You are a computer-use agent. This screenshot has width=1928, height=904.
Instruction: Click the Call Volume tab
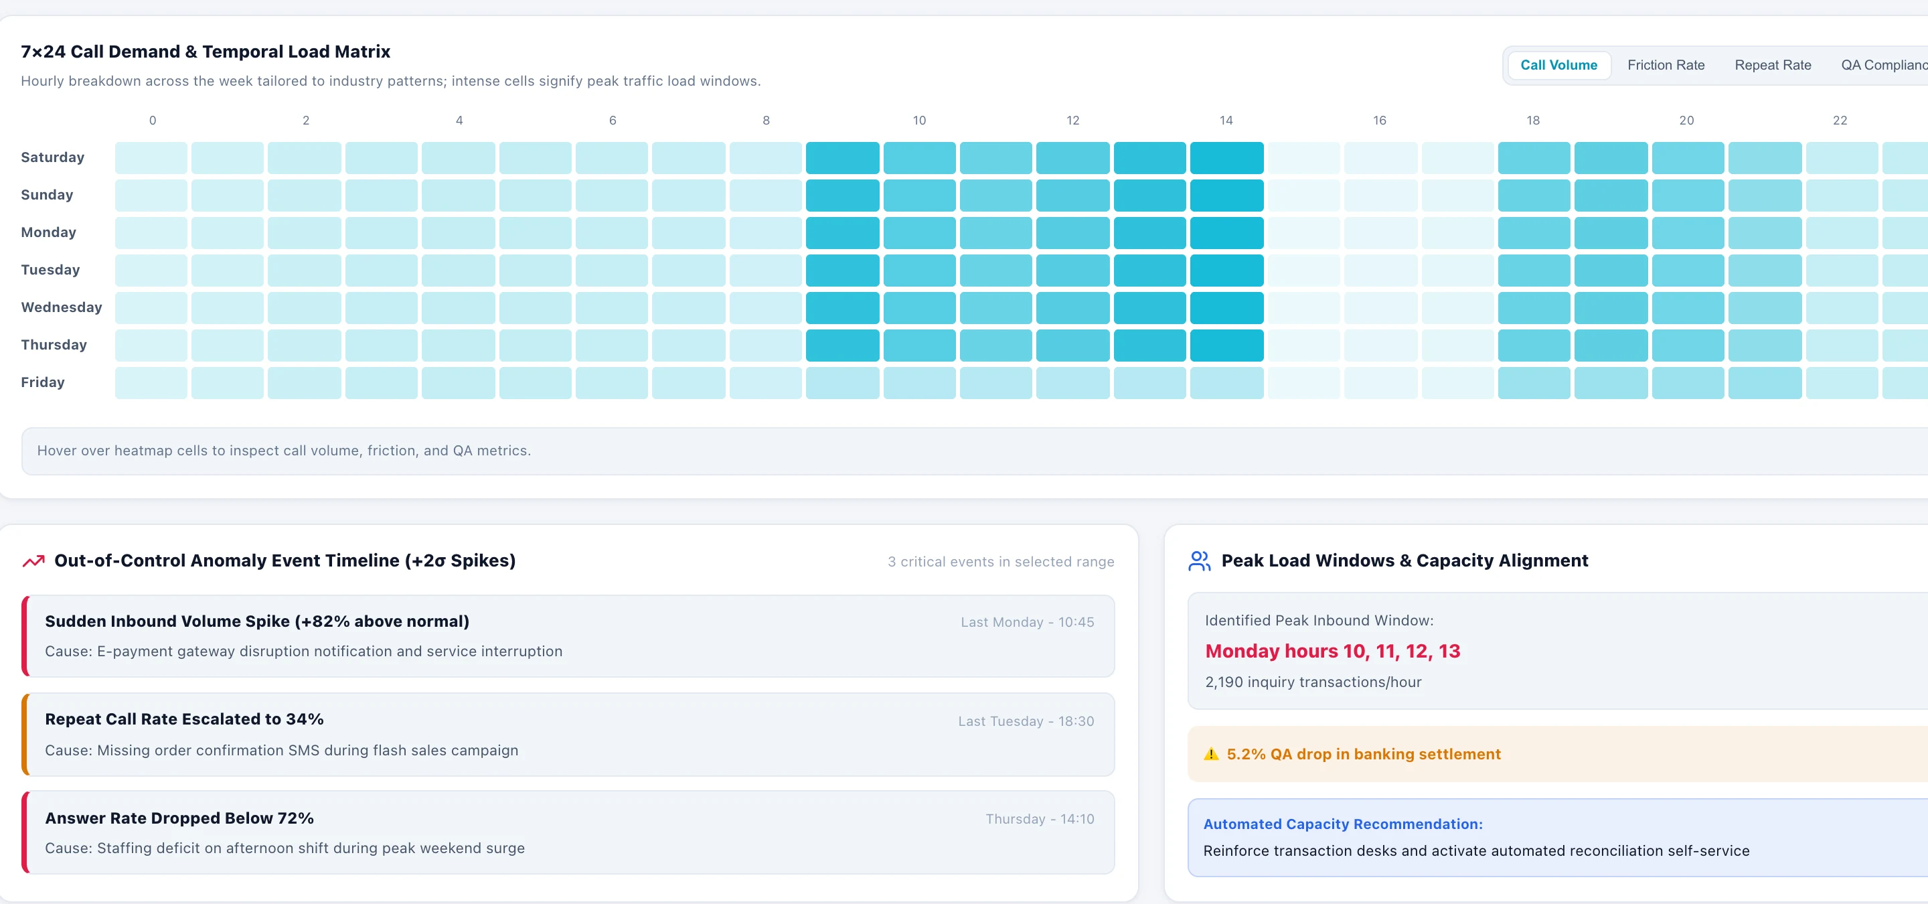point(1558,65)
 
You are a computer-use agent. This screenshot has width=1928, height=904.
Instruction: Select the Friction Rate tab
point(1666,65)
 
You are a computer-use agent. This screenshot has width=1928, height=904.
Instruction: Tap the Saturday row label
point(52,157)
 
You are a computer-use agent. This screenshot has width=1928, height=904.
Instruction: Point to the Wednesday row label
point(62,307)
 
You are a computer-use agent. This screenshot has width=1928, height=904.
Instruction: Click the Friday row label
point(43,382)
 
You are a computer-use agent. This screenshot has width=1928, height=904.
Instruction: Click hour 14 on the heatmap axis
point(1226,121)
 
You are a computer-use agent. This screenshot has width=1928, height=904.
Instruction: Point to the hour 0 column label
point(152,121)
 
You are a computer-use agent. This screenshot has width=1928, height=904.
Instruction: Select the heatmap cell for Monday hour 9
point(842,233)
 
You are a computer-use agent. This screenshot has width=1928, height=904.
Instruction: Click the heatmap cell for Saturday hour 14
point(1226,158)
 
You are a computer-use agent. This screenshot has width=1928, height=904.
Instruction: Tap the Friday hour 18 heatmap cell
point(1534,382)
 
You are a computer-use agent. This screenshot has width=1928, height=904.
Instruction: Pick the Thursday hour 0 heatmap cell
point(151,345)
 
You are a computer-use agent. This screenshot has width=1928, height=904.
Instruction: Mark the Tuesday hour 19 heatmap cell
point(1611,270)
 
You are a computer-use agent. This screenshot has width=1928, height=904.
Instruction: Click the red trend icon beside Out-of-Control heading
point(33,560)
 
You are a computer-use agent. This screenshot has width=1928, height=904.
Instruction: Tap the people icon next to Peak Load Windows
point(1199,560)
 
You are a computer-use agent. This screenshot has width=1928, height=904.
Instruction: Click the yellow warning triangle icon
point(1211,753)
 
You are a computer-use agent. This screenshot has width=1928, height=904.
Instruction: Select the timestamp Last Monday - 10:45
point(1027,622)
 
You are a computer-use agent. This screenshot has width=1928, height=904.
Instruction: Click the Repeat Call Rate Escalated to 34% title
point(184,719)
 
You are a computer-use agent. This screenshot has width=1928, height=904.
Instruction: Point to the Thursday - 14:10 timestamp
point(1040,819)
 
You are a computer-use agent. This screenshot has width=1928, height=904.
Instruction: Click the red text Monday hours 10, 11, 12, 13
point(1332,651)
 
